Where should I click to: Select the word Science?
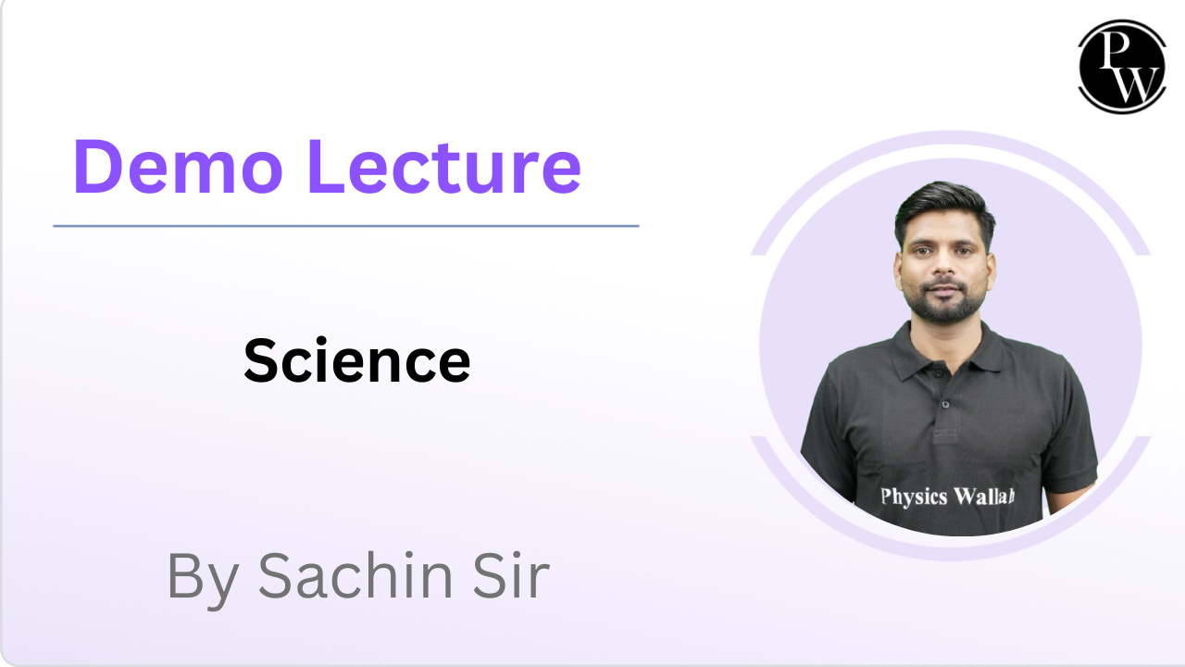tap(357, 361)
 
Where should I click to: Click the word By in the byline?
tap(205, 576)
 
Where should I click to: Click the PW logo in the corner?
tap(1121, 66)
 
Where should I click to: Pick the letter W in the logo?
tap(1133, 83)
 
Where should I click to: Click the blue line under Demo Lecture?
tap(345, 225)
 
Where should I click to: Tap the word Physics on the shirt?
tap(914, 497)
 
